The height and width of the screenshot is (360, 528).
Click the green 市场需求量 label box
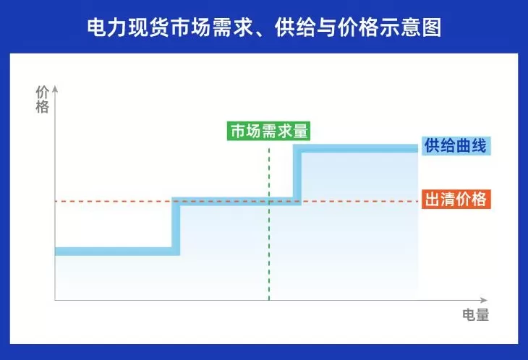pyautogui.click(x=268, y=132)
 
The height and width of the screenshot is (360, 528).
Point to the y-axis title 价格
pyautogui.click(x=42, y=100)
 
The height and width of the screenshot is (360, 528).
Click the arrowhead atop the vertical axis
pyautogui.click(x=55, y=89)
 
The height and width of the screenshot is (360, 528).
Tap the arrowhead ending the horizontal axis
pyautogui.click(x=485, y=299)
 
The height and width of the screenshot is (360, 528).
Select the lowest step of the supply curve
pyautogui.click(x=116, y=251)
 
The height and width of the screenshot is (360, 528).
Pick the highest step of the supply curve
pyautogui.click(x=358, y=149)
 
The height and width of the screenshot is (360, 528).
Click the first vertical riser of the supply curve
pyautogui.click(x=175, y=226)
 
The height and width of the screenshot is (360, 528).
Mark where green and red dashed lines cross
pyautogui.click(x=269, y=201)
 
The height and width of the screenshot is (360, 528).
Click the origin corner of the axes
pyautogui.click(x=55, y=299)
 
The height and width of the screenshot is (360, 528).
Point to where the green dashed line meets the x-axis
pyautogui.click(x=269, y=299)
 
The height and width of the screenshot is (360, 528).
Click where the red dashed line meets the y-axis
pyautogui.click(x=55, y=201)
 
